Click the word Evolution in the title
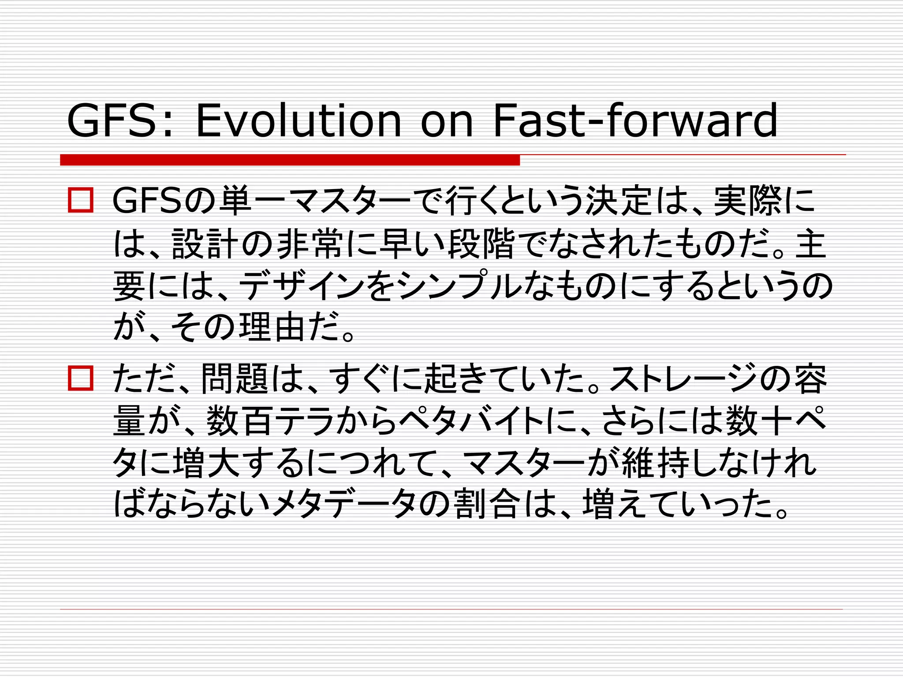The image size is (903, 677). pyautogui.click(x=298, y=120)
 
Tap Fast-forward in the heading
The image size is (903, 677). pyautogui.click(x=635, y=120)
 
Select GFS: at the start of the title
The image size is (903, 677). pyautogui.click(x=119, y=120)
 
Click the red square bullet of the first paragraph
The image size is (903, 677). pyautogui.click(x=81, y=201)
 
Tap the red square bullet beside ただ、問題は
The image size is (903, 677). pyautogui.click(x=81, y=378)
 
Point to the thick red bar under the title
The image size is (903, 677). pyautogui.click(x=290, y=160)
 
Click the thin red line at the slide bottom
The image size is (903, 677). pyautogui.click(x=451, y=609)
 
